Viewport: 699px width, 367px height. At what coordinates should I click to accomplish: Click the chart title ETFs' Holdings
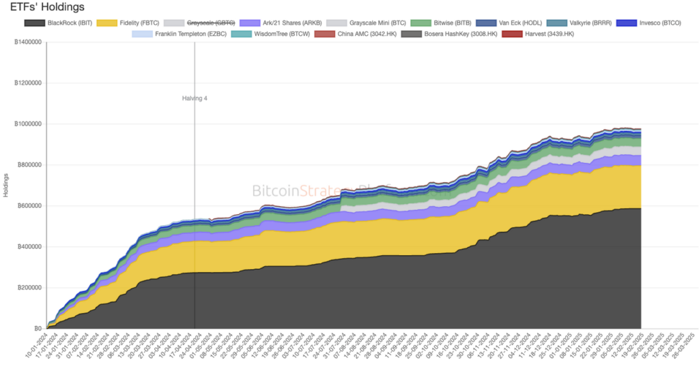(47, 8)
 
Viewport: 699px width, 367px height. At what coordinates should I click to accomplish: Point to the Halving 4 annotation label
(195, 98)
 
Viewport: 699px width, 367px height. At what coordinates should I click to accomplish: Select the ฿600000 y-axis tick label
(27, 206)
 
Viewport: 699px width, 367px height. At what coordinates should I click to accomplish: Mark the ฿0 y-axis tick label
(38, 329)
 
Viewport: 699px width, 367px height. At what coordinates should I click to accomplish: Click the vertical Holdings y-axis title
(5, 186)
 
